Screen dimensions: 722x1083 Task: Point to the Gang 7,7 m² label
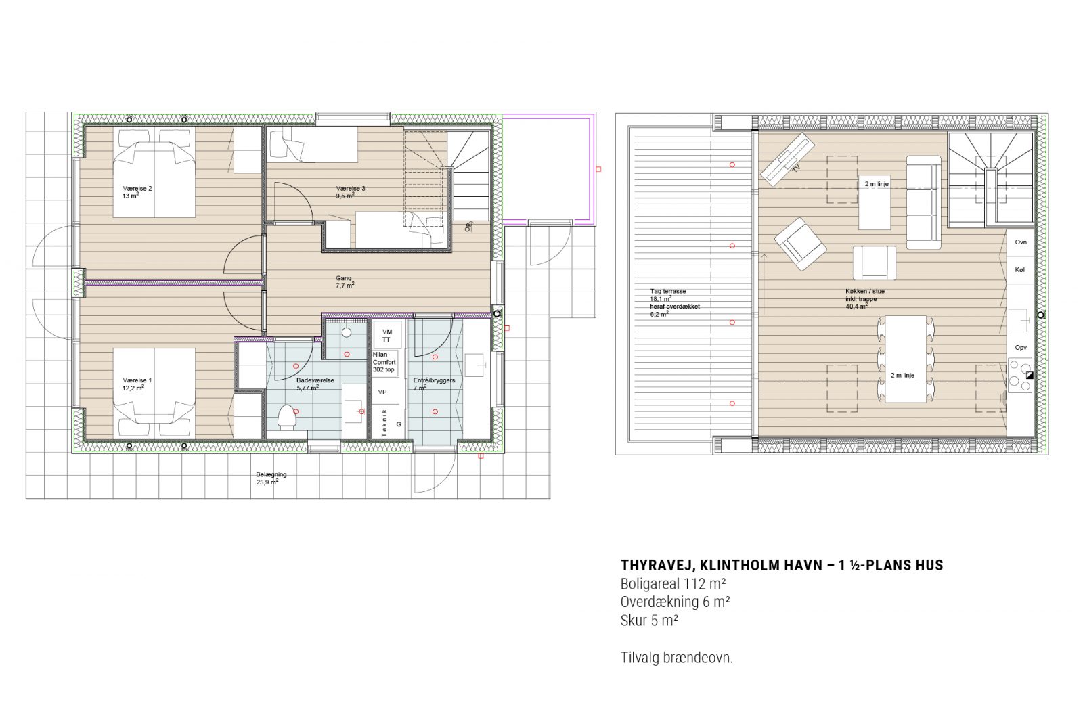tap(345, 281)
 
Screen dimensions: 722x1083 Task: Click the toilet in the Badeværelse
tap(287, 417)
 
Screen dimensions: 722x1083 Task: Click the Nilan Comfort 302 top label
tap(384, 362)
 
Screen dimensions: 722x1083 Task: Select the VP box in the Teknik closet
tap(382, 392)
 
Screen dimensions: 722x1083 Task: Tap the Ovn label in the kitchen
tap(1021, 242)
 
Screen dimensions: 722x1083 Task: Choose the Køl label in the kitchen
tap(1020, 269)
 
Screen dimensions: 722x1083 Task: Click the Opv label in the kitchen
tap(1021, 347)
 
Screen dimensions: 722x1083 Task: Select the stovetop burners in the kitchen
tap(1020, 376)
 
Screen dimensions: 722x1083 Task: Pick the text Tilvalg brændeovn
tap(676, 657)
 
